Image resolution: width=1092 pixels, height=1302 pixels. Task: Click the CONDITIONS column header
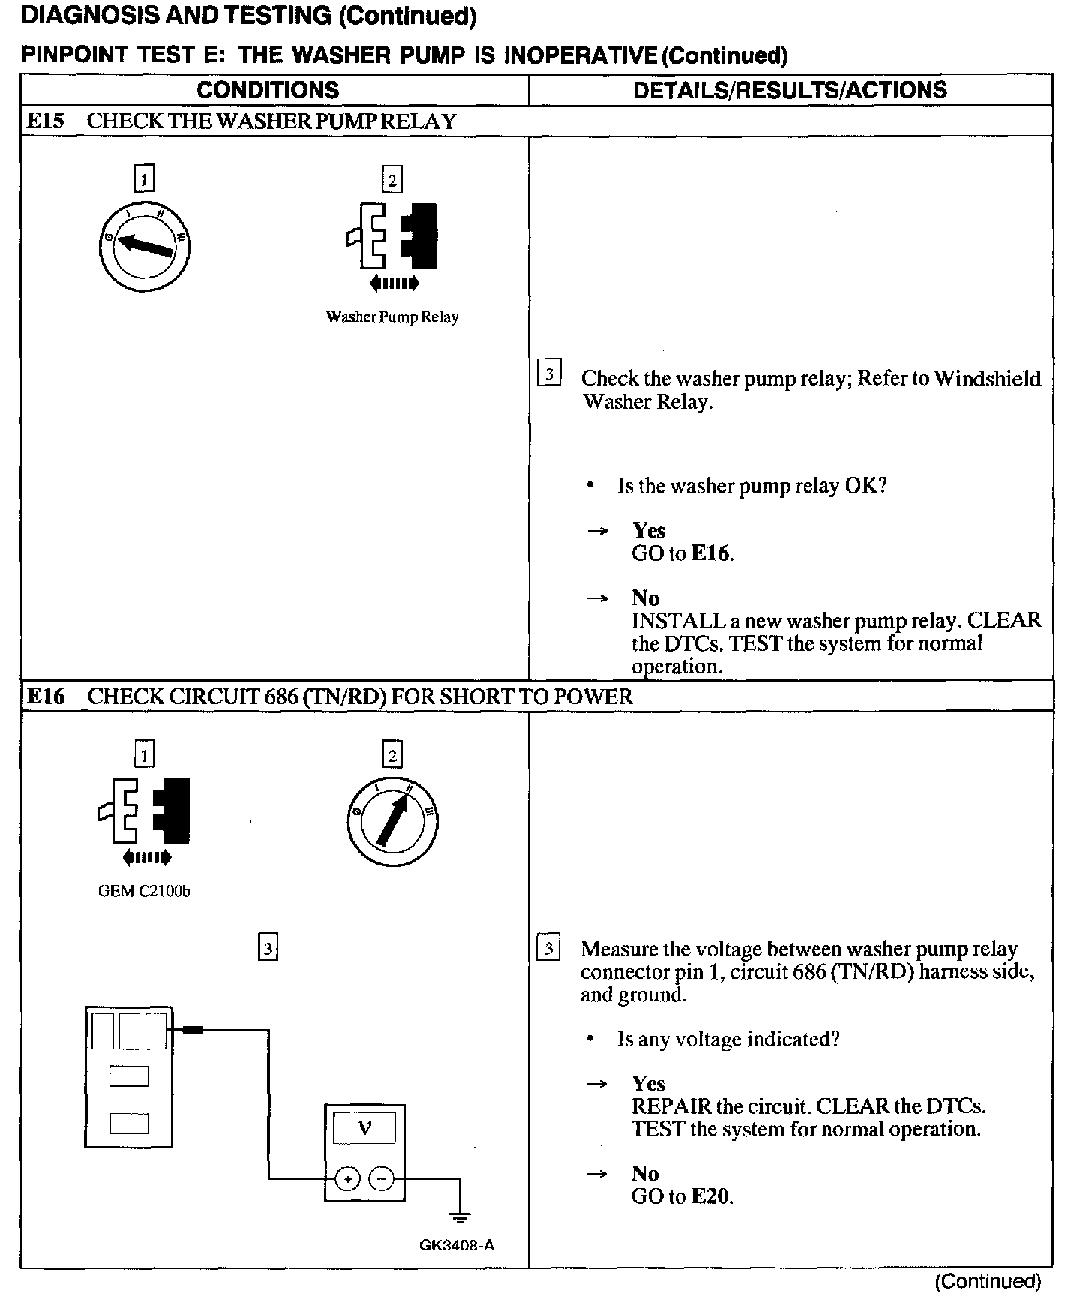(x=268, y=90)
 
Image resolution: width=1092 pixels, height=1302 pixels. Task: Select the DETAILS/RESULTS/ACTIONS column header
(x=790, y=90)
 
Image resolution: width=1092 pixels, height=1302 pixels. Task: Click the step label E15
(x=45, y=121)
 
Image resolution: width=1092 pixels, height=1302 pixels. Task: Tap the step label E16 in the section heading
(x=45, y=697)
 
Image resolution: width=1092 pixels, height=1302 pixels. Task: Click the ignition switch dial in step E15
(x=145, y=247)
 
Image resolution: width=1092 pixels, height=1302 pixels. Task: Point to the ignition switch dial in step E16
(x=392, y=821)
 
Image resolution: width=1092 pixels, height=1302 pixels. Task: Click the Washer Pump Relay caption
(x=391, y=317)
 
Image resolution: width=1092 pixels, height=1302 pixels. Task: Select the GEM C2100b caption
(x=144, y=892)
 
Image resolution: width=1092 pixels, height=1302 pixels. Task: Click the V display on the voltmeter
(x=365, y=1127)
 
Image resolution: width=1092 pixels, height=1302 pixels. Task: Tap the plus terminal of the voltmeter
(x=347, y=1179)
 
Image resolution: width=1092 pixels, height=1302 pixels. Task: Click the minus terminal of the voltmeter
(x=382, y=1179)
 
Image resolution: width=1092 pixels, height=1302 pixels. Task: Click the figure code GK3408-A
(x=457, y=1246)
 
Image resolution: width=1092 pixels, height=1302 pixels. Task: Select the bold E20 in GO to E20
(x=709, y=1196)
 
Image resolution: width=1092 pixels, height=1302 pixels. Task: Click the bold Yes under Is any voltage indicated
(x=648, y=1084)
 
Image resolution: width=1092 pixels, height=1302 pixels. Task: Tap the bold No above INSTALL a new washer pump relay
(x=645, y=598)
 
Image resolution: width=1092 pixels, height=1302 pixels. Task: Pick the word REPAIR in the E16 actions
(x=661, y=1106)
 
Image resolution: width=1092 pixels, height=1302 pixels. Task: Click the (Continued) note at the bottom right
(x=988, y=1281)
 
